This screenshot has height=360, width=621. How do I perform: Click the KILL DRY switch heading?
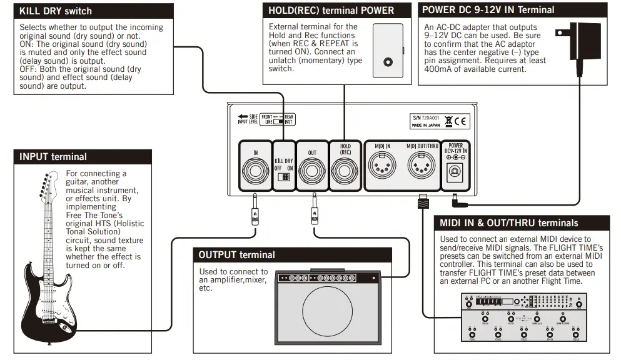56,11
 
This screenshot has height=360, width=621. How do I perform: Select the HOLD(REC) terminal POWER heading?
331,11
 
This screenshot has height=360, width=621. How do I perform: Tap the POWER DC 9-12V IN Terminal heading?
488,10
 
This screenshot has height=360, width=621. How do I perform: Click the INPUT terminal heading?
53,157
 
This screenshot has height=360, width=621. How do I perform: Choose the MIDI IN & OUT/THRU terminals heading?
508,223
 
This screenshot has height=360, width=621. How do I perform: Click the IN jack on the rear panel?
255,171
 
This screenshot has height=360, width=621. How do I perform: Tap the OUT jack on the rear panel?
311,171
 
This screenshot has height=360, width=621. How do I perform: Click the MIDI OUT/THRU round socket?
420,167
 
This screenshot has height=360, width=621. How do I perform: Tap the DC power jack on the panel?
456,173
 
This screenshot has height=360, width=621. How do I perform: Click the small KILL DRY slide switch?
284,177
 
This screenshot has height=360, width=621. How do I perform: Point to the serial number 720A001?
430,117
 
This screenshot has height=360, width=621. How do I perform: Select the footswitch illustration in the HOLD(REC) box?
388,51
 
